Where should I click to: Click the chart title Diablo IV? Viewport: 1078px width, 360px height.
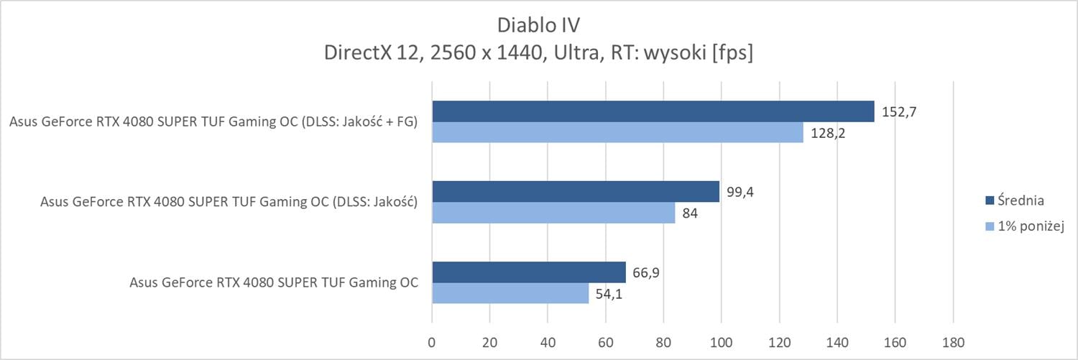pos(538,25)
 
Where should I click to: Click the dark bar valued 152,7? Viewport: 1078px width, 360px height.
pos(653,111)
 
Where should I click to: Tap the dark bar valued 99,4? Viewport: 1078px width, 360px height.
pos(575,192)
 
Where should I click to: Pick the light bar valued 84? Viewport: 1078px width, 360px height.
pos(553,213)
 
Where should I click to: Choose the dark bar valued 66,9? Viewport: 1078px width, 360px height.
pos(528,272)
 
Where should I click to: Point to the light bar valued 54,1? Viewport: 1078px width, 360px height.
pos(510,293)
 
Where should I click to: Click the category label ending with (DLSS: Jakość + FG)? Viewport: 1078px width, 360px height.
pos(214,122)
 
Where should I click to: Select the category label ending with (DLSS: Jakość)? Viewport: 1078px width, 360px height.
pos(229,202)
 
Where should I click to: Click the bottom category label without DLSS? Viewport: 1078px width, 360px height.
pos(274,282)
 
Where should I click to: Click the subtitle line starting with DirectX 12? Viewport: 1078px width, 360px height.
pos(538,53)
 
